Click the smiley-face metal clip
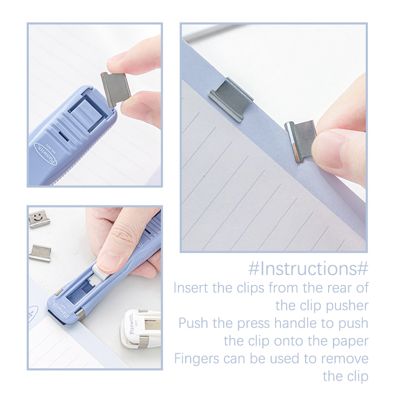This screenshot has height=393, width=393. tap(39, 219)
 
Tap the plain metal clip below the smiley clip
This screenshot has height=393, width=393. tap(40, 252)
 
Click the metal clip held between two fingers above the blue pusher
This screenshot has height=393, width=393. tap(116, 89)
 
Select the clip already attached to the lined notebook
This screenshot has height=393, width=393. tap(230, 99)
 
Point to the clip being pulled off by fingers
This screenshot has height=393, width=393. tap(301, 140)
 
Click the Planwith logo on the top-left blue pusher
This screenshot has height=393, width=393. tap(46, 154)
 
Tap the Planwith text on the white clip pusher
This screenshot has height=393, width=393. tap(132, 325)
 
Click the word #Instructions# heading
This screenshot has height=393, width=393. tap(309, 268)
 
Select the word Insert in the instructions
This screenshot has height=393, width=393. tap(191, 288)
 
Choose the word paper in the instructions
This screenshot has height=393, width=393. tap(350, 341)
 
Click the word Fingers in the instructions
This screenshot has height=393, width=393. tap(197, 359)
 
